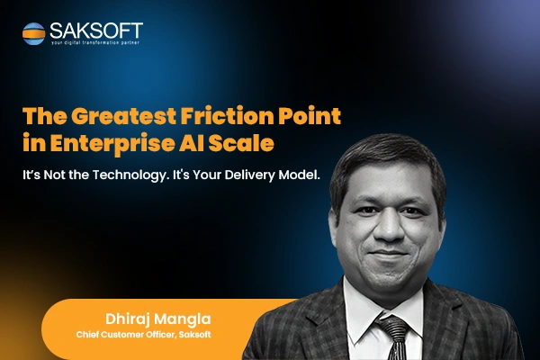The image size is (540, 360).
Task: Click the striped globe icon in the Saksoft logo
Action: point(34,33)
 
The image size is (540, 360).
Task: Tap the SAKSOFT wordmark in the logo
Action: point(96,31)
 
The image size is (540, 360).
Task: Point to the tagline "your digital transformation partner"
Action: point(95,42)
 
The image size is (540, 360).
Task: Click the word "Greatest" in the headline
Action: point(124,116)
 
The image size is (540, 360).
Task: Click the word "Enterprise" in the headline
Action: point(112,143)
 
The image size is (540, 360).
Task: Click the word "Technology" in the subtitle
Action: point(131,175)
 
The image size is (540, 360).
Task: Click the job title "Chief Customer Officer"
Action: point(127,335)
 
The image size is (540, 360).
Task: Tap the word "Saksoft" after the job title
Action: point(195,335)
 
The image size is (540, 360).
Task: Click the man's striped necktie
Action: point(395,337)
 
